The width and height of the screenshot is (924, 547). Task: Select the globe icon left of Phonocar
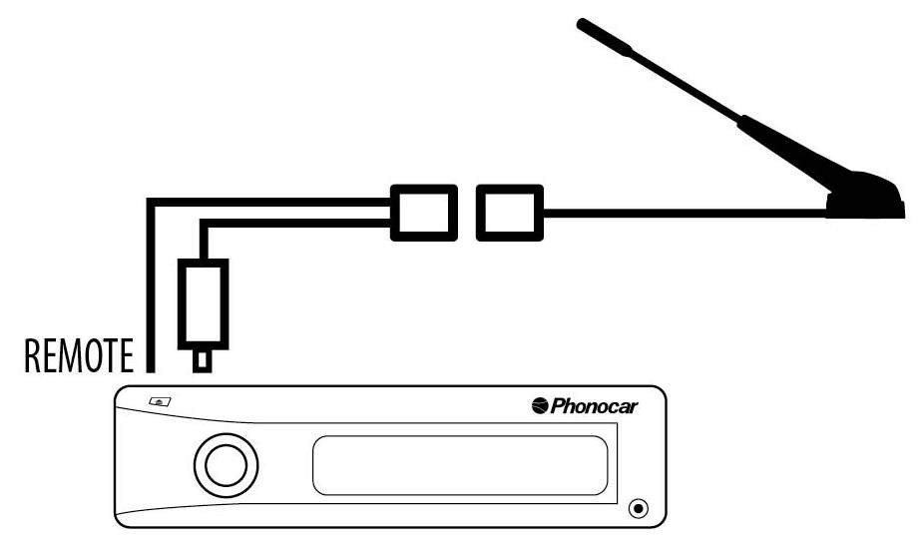click(x=540, y=405)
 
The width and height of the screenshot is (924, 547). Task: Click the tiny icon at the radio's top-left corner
click(x=160, y=402)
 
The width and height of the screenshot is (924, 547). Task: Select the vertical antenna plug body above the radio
click(x=204, y=301)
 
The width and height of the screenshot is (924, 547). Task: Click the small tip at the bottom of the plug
click(x=204, y=359)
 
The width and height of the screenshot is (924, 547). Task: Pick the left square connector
click(x=423, y=212)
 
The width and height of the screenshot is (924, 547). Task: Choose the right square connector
click(x=509, y=212)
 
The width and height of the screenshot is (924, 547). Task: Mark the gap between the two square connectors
click(x=466, y=212)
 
